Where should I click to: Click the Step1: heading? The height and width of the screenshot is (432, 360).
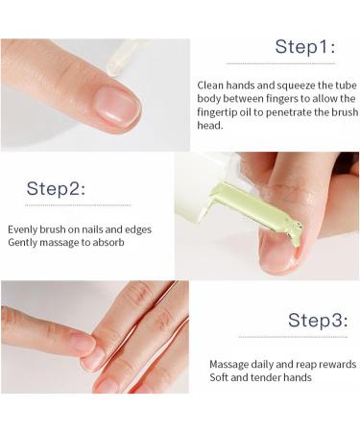pos(305,47)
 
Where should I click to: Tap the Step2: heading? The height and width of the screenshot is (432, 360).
pos(56,188)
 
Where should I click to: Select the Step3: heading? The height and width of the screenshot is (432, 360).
pos(318,320)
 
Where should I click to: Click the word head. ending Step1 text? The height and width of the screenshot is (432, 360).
pos(210,126)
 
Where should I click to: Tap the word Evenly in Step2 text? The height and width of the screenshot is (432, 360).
pos(22,229)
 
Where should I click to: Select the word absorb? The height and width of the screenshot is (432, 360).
pos(108,243)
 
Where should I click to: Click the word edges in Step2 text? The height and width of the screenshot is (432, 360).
pos(138,230)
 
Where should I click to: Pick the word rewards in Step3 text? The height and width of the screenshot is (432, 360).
pos(337,365)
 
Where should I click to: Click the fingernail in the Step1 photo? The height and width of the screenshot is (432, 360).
pos(118,106)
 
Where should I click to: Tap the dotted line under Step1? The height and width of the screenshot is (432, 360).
pos(280,63)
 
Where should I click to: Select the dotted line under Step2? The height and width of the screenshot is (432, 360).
pos(78,205)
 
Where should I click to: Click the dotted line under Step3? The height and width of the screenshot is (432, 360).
pos(293,337)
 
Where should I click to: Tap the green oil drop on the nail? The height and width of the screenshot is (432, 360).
pos(297,236)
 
